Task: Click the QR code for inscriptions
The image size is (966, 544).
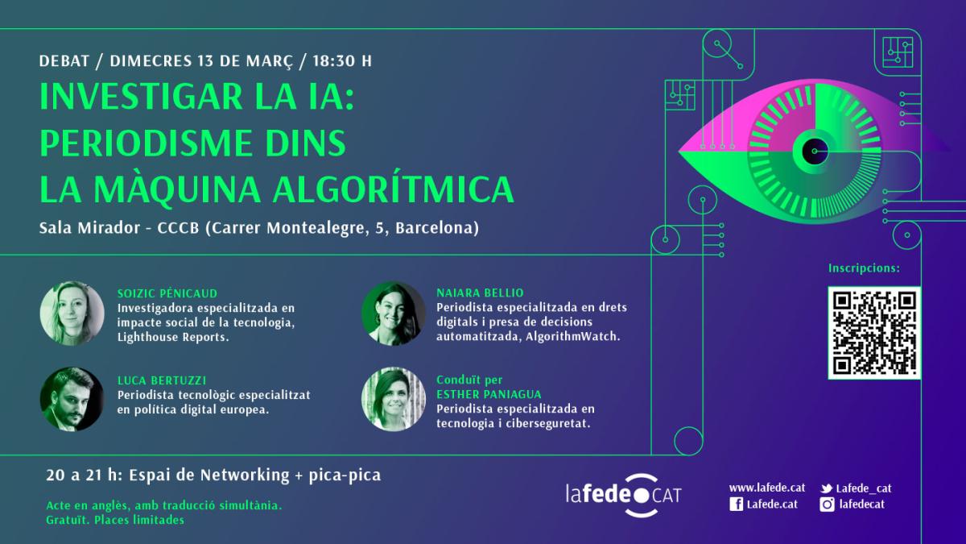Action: coord(874,333)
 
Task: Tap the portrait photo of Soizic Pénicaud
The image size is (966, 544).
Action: coord(72,313)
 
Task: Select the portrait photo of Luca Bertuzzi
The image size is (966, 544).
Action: coord(72,399)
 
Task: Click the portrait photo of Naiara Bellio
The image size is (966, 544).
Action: coord(394,313)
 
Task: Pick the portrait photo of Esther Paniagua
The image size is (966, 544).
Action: coord(394,399)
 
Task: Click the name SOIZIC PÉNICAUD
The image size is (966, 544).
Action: coord(167,293)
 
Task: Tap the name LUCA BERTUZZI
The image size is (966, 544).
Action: coord(162,380)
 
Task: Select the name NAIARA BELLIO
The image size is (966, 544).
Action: coord(480,293)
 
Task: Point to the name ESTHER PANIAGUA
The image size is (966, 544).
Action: coord(489,394)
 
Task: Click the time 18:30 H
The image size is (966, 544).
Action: coord(342,61)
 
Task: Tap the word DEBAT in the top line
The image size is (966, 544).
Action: coord(64,61)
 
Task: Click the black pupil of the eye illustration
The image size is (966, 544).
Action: coord(815,152)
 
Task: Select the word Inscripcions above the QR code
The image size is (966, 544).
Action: coord(864,268)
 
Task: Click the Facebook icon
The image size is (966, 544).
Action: coord(736,505)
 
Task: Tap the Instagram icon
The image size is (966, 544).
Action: coord(827,505)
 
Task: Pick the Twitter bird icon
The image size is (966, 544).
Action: coord(826,488)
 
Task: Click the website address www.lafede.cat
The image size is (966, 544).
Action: coord(766,488)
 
